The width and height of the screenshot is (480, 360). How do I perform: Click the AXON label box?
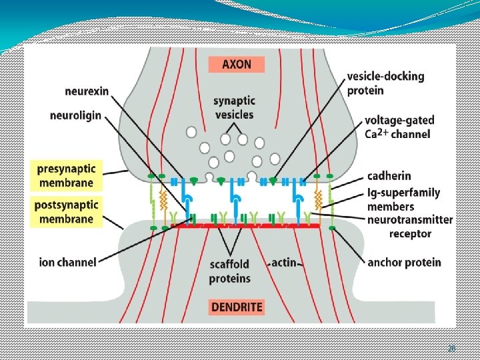point(236,65)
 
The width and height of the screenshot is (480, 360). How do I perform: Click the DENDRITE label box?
point(236,307)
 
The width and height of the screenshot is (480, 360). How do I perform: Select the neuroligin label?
point(75,115)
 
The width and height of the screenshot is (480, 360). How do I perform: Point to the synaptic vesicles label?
point(233,107)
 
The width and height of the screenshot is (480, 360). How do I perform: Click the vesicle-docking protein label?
point(385,83)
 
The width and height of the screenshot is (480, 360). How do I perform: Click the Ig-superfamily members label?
point(404,199)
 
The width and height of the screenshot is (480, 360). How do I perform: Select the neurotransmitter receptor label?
point(410,226)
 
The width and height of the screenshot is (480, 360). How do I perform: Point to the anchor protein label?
point(404,262)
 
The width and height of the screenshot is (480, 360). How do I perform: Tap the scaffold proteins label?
point(231,271)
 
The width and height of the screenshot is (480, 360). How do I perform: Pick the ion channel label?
point(68,262)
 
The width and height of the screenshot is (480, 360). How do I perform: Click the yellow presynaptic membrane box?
point(66,175)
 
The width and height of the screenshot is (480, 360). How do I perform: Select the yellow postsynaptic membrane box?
point(66,211)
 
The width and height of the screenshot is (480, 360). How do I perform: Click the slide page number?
point(451,348)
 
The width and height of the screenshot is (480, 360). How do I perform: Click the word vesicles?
point(234,114)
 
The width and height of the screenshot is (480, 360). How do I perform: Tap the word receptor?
point(411,233)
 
